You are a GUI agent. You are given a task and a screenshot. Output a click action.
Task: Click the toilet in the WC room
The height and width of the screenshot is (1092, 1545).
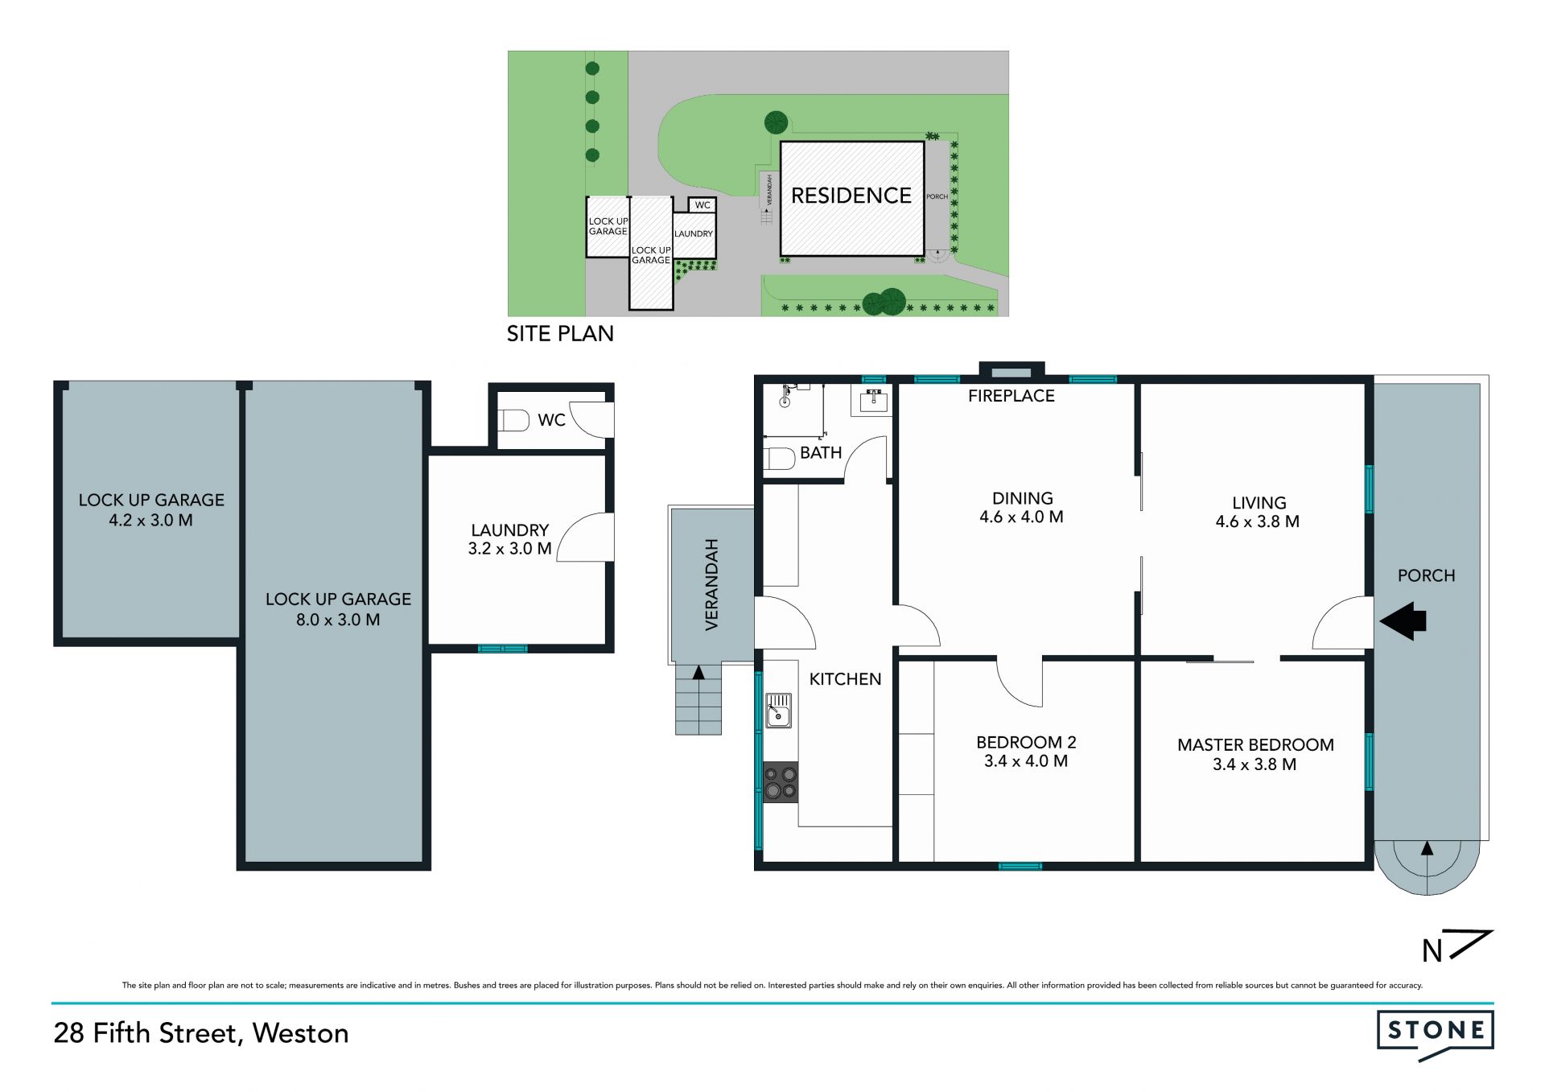click(x=513, y=420)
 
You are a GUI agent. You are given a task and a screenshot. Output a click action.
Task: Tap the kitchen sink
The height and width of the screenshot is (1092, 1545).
click(x=778, y=711)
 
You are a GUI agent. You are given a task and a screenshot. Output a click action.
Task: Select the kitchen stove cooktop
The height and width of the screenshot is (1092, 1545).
click(x=781, y=782)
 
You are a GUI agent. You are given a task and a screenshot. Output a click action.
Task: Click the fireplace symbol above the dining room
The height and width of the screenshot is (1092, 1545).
click(x=1011, y=371)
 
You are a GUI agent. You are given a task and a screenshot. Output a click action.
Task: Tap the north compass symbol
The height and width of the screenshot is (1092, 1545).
click(x=1456, y=947)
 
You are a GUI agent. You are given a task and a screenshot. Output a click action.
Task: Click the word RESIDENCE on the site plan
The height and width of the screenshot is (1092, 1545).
click(x=851, y=196)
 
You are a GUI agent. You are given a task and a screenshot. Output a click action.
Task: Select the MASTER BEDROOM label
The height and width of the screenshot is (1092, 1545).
click(x=1255, y=745)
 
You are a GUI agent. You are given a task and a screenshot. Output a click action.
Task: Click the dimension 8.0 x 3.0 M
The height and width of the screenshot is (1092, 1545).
click(x=338, y=620)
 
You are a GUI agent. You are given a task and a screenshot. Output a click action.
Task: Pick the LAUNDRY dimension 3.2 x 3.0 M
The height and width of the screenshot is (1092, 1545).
click(x=510, y=549)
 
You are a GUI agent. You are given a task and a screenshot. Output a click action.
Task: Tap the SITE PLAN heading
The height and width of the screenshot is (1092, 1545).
click(x=560, y=334)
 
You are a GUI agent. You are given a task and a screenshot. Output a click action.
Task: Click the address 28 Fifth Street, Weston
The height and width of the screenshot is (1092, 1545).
click(x=201, y=1033)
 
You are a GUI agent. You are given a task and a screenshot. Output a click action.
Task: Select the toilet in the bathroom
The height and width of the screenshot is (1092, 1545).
click(x=778, y=459)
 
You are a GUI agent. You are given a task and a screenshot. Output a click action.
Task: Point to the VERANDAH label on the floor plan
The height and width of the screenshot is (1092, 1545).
click(x=711, y=584)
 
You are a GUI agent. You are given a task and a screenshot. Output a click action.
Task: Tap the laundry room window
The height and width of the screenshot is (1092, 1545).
click(x=503, y=649)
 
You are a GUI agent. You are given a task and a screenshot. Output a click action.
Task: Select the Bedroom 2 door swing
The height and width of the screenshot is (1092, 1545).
click(x=1020, y=682)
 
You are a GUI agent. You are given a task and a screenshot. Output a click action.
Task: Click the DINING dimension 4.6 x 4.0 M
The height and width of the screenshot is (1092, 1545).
click(x=1021, y=517)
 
